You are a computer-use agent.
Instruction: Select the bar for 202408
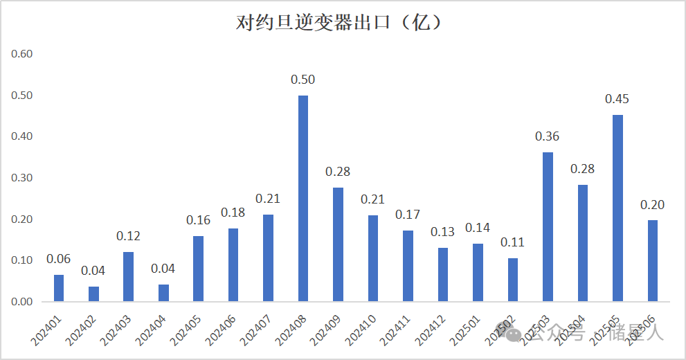coord(303,199)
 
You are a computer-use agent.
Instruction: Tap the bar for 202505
coord(617,208)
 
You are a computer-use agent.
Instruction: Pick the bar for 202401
coord(59,288)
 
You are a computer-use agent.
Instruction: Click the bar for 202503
coord(548,227)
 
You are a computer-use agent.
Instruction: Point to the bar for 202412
coord(443,275)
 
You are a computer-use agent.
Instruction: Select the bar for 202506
coord(652,261)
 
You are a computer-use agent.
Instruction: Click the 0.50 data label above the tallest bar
coord(303,80)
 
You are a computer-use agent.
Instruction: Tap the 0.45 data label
coord(617,99)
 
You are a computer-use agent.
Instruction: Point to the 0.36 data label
coord(548,136)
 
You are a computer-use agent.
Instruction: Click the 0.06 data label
coord(59,259)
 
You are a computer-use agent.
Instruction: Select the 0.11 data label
coord(513,242)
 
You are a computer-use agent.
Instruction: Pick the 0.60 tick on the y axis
coord(23,54)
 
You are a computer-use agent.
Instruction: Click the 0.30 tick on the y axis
coord(23,178)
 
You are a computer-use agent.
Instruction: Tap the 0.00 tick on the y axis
coord(23,302)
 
